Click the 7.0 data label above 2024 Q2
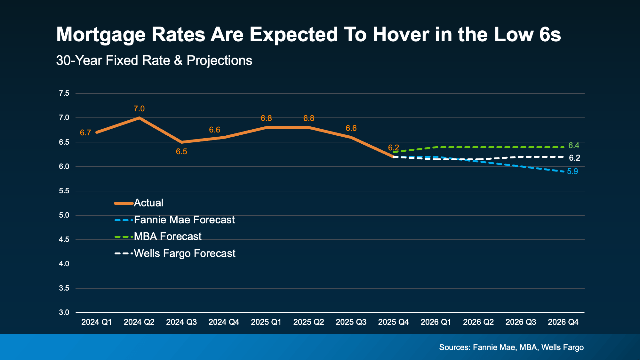click(x=139, y=109)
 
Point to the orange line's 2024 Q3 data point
click(x=181, y=142)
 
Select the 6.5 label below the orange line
click(x=181, y=152)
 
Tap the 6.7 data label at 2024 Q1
click(x=85, y=133)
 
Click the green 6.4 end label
click(x=573, y=146)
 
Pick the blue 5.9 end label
click(x=572, y=172)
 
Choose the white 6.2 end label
click(x=574, y=158)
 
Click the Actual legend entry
click(x=148, y=203)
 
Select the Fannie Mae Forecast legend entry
click(x=184, y=220)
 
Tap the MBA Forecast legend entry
click(x=167, y=236)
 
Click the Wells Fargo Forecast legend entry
click(x=184, y=253)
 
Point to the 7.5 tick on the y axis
click(x=64, y=93)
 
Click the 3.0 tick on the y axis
click(x=64, y=312)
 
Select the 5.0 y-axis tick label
click(x=64, y=215)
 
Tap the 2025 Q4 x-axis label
click(x=393, y=322)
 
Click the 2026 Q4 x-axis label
click(x=563, y=322)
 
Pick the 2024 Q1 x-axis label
click(x=97, y=322)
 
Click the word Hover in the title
click(x=401, y=35)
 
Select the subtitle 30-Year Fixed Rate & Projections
click(x=154, y=60)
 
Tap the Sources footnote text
click(x=511, y=348)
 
